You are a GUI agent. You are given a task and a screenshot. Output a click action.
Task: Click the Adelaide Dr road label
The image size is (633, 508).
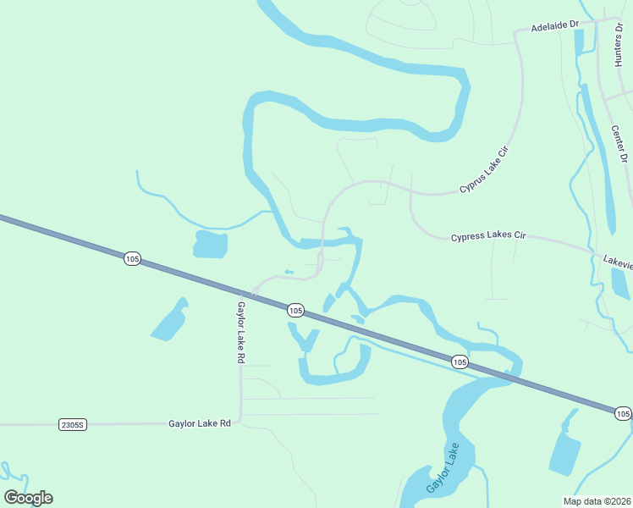pos(554,27)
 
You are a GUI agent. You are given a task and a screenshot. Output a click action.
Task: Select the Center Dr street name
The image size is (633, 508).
pos(619,144)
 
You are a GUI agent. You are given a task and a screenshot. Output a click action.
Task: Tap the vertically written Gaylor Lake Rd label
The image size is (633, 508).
pos(241,332)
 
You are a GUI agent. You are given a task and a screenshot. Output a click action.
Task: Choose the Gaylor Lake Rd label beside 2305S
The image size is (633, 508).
pos(200,422)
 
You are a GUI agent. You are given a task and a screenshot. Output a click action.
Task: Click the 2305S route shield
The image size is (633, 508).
pos(74,423)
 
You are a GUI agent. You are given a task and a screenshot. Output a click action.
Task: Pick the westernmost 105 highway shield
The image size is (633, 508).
pos(131,258)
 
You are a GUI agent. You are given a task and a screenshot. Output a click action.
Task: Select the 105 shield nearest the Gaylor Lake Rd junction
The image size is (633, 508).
pos(294,311)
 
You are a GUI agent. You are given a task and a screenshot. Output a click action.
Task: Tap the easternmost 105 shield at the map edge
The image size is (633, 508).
pos(622,413)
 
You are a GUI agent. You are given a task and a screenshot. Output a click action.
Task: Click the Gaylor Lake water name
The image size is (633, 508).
pos(443,469)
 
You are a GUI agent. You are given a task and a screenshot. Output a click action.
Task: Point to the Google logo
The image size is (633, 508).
pos(29,497)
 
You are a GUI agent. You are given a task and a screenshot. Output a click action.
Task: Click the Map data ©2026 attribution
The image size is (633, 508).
pos(597,501)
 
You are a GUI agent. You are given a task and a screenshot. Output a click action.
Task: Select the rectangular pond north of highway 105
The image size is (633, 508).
pos(211,244)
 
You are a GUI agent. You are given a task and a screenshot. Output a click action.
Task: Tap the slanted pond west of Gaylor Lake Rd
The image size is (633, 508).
pos(170,321)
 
